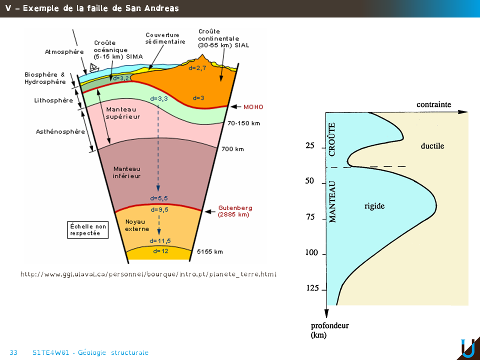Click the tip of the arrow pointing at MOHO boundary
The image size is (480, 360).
[230, 106]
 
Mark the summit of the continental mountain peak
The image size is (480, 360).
[202, 55]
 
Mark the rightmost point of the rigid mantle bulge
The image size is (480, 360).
[436, 205]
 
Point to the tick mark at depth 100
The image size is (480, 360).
[324, 254]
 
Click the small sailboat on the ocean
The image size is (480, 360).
[94, 67]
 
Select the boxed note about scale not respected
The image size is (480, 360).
[88, 229]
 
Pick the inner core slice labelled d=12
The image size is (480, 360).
[159, 253]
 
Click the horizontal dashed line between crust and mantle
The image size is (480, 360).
[366, 167]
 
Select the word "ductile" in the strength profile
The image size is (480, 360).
[432, 146]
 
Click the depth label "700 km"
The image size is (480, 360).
[232, 149]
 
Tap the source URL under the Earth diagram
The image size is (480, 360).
[148, 274]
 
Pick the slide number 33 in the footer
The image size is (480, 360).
[13, 352]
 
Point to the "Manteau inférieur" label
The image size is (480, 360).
[126, 172]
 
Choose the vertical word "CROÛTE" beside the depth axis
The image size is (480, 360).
[332, 139]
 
